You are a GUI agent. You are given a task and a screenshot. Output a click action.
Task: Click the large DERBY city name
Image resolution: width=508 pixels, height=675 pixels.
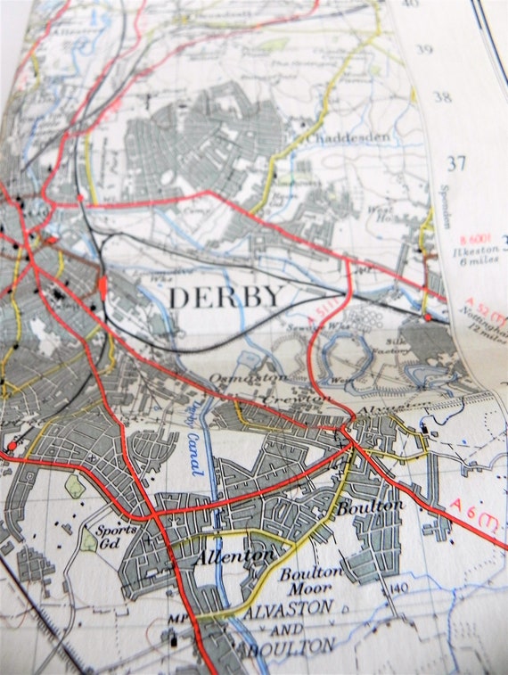click(226, 297)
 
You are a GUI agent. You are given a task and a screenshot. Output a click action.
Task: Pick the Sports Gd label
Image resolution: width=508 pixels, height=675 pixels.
click(117, 536)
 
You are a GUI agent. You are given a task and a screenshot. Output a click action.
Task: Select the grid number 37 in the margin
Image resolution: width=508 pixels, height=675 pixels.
click(457, 163)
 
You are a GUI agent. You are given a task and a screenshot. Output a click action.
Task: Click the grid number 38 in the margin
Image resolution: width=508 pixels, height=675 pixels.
click(442, 97)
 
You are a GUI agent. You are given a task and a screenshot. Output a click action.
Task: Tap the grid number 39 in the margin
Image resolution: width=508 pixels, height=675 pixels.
click(424, 49)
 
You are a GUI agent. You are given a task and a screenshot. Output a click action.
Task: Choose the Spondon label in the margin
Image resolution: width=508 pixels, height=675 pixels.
click(446, 206)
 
